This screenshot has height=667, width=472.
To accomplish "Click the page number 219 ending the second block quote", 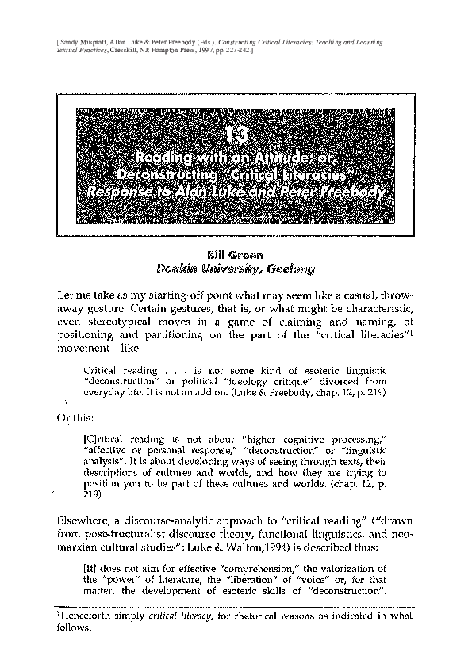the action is (x=93, y=496).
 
